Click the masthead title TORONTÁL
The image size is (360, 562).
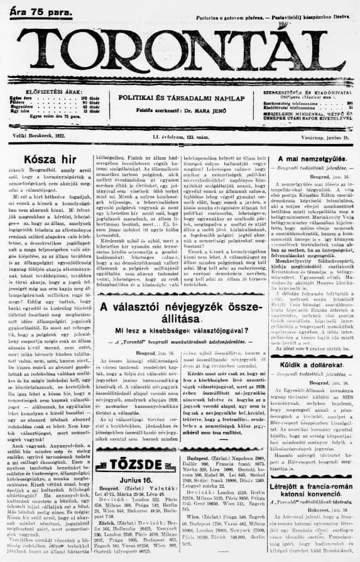pyautogui.click(x=183, y=54)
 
